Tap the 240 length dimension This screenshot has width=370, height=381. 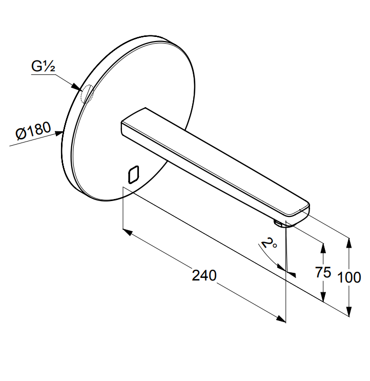(x=204, y=275)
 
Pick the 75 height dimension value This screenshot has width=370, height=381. (x=323, y=272)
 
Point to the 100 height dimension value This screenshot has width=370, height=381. (x=349, y=277)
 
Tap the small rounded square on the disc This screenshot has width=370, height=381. (x=133, y=174)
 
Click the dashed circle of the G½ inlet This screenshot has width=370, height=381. (x=87, y=94)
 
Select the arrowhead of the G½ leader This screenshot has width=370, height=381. (x=76, y=87)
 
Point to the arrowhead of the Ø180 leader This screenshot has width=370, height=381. (x=59, y=133)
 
